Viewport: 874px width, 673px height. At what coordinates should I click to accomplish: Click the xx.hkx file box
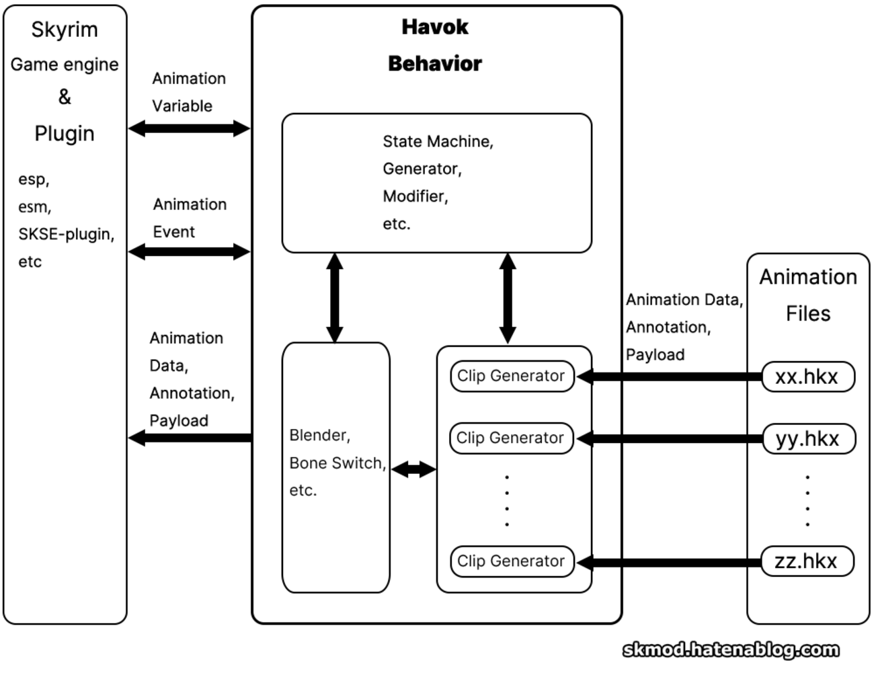[x=807, y=377]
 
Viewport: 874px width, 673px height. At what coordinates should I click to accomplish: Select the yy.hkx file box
[x=808, y=438]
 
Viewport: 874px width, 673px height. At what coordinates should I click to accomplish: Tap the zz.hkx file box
[x=807, y=561]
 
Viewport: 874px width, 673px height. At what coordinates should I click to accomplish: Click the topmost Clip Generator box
[x=512, y=376]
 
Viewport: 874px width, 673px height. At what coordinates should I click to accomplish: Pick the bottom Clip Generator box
[x=512, y=561]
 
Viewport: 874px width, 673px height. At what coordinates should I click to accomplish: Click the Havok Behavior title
[x=435, y=45]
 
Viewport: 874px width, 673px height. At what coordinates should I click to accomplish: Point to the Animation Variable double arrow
[x=189, y=128]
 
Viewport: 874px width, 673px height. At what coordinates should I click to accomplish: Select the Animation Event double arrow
[x=189, y=252]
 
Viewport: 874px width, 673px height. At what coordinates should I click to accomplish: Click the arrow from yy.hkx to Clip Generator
[x=669, y=438]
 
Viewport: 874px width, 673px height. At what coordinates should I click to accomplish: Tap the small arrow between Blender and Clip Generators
[x=413, y=469]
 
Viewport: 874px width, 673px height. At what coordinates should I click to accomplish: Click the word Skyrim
[x=65, y=30]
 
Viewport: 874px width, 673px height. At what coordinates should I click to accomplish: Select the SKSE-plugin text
[x=66, y=234]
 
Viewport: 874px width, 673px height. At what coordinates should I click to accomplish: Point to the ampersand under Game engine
[x=65, y=97]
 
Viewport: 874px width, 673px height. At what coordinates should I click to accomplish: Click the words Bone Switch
[x=336, y=463]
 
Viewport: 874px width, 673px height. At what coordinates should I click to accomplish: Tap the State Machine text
[x=437, y=141]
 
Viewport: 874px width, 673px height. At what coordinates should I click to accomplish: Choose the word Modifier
[x=414, y=196]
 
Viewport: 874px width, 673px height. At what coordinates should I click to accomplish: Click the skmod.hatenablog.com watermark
[x=731, y=649]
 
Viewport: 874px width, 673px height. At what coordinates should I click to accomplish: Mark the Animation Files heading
[x=808, y=294]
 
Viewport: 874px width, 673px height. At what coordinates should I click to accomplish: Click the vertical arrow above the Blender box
[x=335, y=298]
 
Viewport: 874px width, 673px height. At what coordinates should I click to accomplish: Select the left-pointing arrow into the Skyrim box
[x=190, y=438]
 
